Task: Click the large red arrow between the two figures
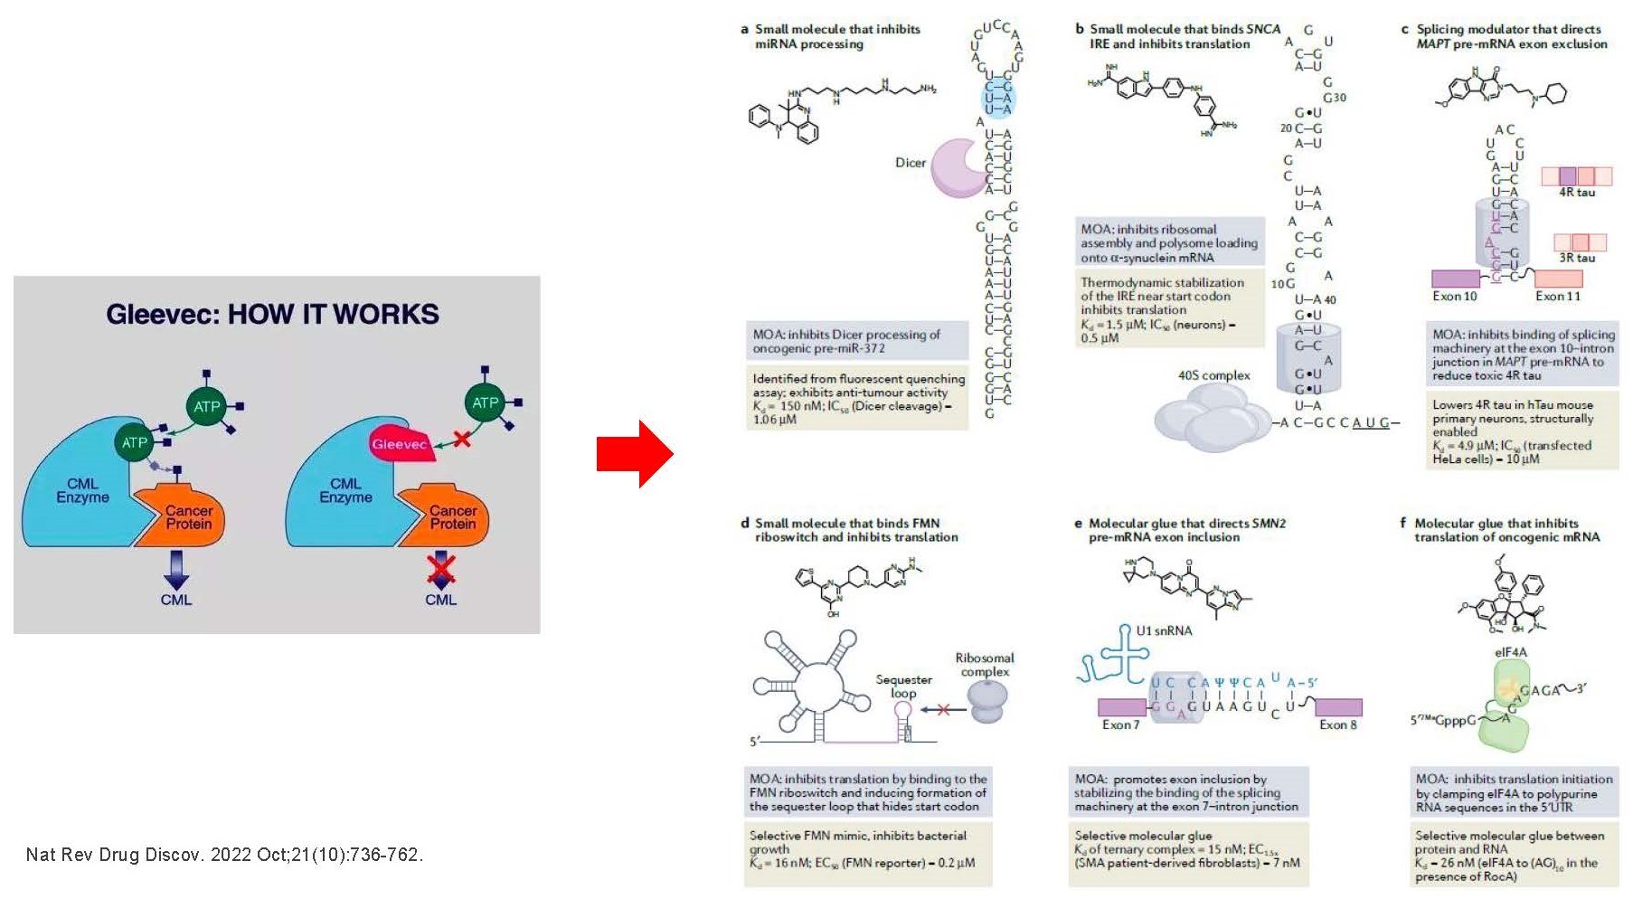[x=635, y=454]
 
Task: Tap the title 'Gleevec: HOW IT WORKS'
[x=272, y=315]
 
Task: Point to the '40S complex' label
[x=1213, y=375]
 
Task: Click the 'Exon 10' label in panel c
[x=1454, y=297]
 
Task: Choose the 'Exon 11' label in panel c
[x=1557, y=297]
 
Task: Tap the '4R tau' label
[x=1577, y=193]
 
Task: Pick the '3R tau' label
[x=1577, y=258]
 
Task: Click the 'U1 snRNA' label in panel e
[x=1164, y=630]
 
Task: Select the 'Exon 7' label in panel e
[x=1120, y=724]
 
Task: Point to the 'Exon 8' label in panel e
[x=1337, y=724]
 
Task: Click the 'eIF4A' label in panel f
[x=1510, y=652]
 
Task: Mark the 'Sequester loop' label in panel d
[x=903, y=686]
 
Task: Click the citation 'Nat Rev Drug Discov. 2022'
[x=224, y=855]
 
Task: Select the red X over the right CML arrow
[x=440, y=569]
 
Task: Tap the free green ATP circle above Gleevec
[x=486, y=402]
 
